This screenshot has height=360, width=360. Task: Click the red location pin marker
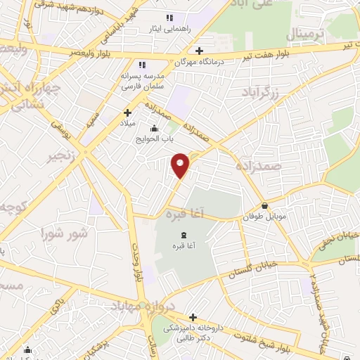181,165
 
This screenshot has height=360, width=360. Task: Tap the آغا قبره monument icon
184,234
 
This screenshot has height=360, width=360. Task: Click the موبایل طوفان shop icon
264,206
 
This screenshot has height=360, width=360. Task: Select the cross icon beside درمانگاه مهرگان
200,51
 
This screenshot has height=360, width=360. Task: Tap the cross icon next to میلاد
127,112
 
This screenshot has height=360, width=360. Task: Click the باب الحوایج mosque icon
154,128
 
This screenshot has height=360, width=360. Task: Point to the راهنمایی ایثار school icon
169,18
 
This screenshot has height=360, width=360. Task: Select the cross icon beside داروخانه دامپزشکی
193,317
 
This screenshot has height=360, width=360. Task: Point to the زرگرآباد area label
262,92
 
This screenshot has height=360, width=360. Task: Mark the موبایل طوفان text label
264,219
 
